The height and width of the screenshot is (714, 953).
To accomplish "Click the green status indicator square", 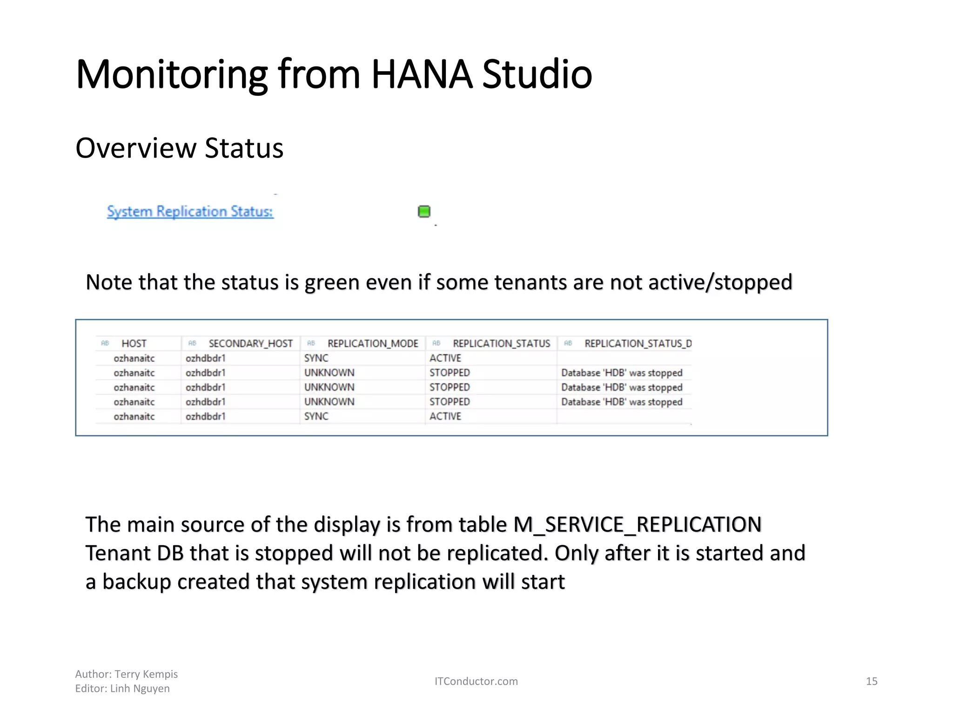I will (x=424, y=212).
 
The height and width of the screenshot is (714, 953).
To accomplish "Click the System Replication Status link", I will (x=190, y=212).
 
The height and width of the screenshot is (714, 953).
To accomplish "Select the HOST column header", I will (x=134, y=344).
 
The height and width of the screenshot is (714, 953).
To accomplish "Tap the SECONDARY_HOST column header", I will (x=250, y=344).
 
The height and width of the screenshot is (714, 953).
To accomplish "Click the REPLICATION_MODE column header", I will (x=373, y=344).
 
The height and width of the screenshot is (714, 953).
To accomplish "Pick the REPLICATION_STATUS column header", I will (x=501, y=344).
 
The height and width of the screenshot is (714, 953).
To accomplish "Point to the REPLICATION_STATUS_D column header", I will (x=638, y=344).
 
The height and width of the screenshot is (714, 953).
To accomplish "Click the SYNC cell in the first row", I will (x=316, y=358).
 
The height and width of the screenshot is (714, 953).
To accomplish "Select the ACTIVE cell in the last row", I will (x=445, y=416).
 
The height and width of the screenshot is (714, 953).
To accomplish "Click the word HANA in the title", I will (x=422, y=74).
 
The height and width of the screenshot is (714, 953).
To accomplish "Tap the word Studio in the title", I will (x=537, y=74).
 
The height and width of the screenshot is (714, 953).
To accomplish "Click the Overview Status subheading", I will (x=179, y=148).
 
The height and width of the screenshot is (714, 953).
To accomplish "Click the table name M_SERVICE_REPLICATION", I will (x=637, y=525).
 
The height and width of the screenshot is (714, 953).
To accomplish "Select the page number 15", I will (x=872, y=681).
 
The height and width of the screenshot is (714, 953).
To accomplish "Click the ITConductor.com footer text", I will (x=476, y=681).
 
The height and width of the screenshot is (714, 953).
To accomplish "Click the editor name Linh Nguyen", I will (x=140, y=688).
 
